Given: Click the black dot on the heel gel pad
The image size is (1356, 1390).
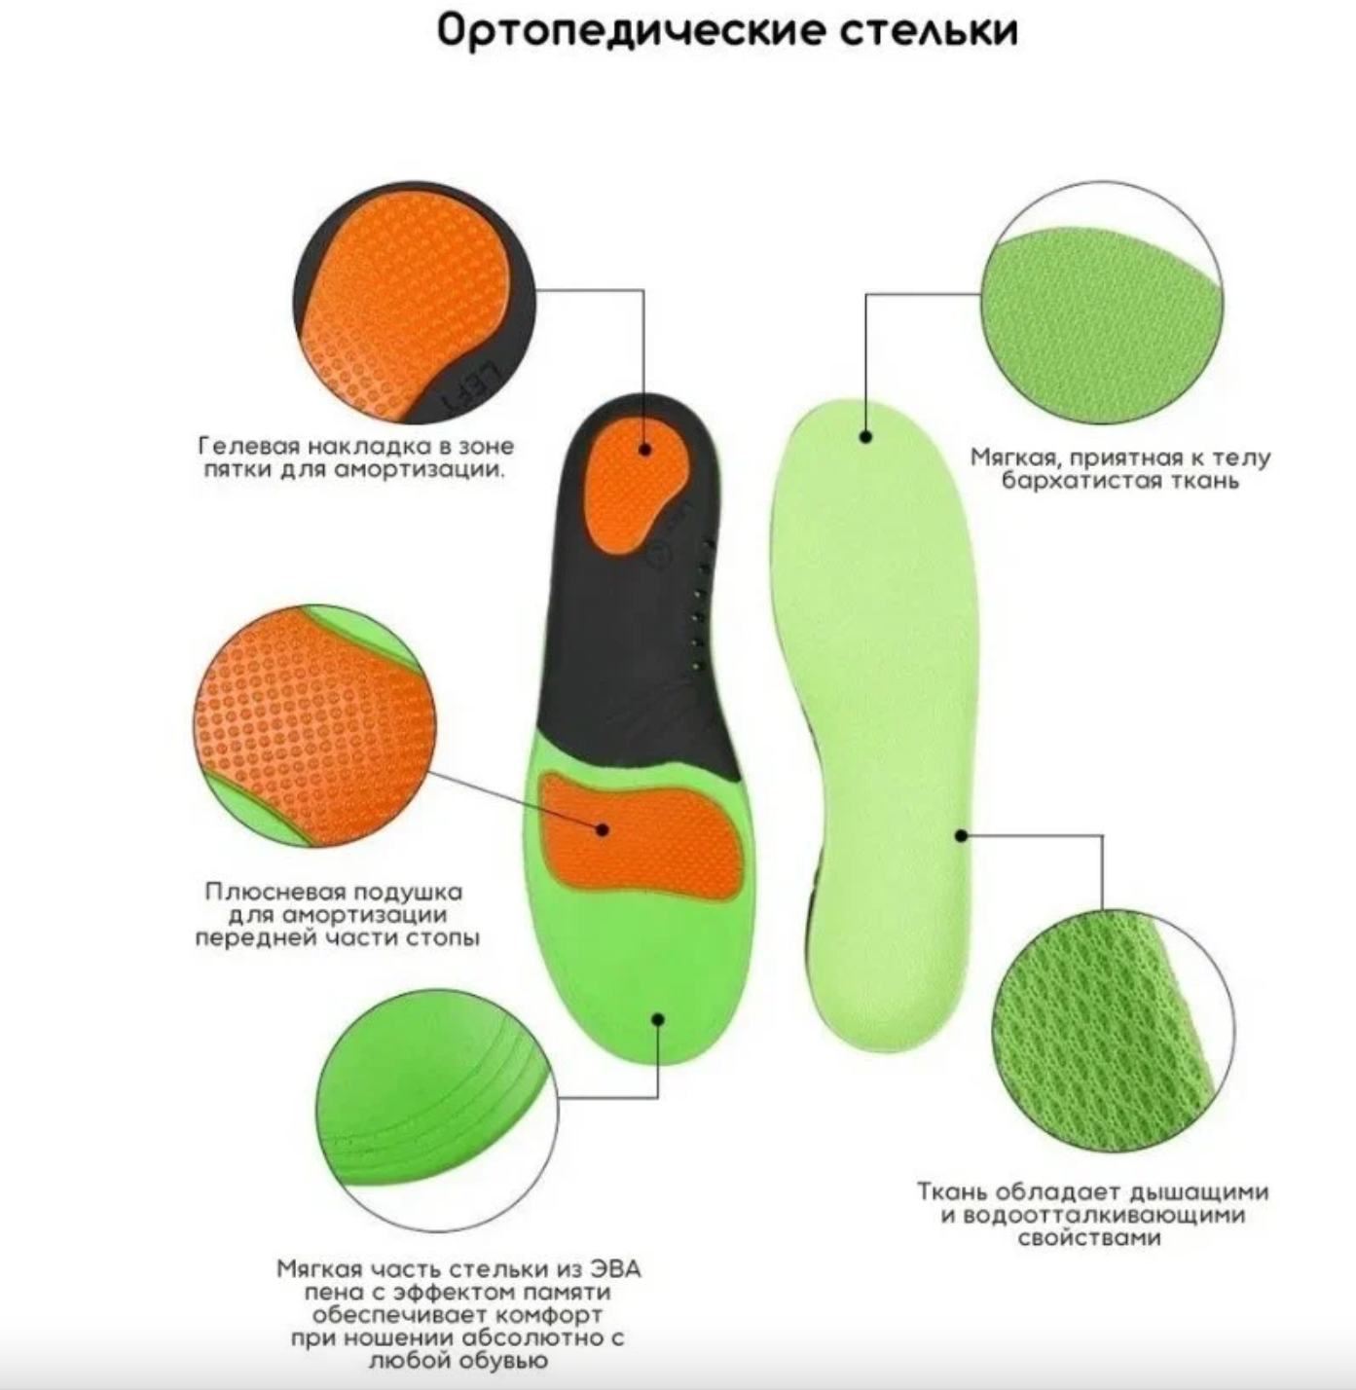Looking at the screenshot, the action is (x=645, y=449).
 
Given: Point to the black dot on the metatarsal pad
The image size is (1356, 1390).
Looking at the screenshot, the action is (x=603, y=829).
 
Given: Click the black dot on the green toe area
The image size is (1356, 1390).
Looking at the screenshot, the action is (x=658, y=1019).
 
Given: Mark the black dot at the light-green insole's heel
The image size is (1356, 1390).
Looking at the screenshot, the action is (x=865, y=437).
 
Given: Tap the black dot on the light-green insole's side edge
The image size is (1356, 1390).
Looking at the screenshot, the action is (x=961, y=835).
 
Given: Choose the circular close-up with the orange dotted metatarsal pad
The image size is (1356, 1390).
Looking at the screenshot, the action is (x=314, y=726).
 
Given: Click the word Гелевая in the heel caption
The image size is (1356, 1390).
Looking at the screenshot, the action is (x=248, y=447).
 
